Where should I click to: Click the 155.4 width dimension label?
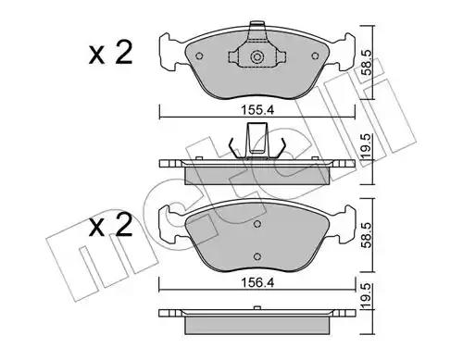pos(257,110)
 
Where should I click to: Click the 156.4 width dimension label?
pos(257,282)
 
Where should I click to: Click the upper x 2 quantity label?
pos(111,53)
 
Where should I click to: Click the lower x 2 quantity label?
pos(111,225)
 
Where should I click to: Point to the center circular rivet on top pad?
pos(257,56)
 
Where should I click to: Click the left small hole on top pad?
pos(199,56)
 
